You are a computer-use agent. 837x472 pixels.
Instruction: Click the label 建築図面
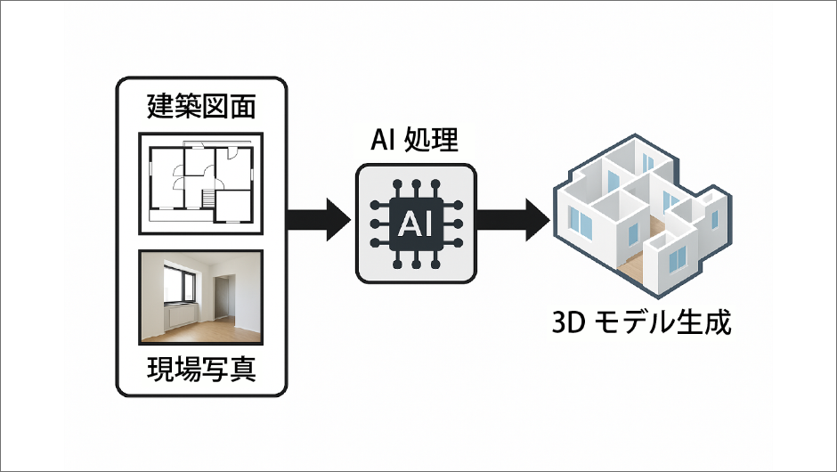pos(201,108)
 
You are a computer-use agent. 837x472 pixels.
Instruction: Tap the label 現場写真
pos(201,369)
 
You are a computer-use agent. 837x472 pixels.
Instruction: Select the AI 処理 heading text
pos(417,142)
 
